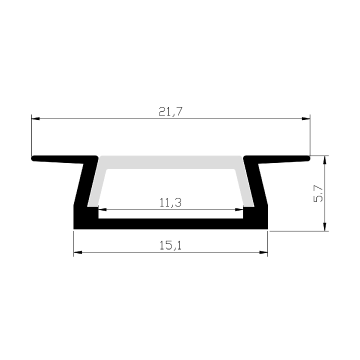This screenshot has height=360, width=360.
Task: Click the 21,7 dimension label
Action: (171, 112)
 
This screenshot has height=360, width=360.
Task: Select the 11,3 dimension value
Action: (170, 203)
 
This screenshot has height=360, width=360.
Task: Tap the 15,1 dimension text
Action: (170, 246)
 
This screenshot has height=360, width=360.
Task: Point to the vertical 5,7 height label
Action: (318, 194)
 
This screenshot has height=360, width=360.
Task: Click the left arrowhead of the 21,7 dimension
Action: (36, 119)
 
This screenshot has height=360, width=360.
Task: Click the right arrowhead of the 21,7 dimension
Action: (306, 119)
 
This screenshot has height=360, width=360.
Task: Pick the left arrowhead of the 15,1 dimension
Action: (78, 252)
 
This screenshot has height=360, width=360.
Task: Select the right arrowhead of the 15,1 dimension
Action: (264, 252)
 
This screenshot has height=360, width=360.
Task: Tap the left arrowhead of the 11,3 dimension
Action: (102, 210)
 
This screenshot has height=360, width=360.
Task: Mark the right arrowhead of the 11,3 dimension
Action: (239, 210)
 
